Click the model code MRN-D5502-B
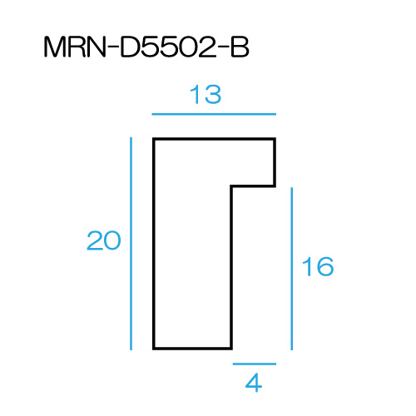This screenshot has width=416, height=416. coord(146,47)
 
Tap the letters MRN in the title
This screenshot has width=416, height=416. coord(75,47)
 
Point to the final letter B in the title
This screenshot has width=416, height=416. coord(240,47)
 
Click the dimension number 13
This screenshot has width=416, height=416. coord(206,94)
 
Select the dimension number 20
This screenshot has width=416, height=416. coord(104,240)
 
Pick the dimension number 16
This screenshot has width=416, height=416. coord(318,266)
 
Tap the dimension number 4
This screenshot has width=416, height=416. coord(254,383)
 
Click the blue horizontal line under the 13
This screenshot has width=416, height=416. coord(214,114)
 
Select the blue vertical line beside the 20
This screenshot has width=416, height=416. coord(131,244)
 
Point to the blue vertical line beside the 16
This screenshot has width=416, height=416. coord(291,269)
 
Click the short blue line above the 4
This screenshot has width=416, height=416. coord(255,364)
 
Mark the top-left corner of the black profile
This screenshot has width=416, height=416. coord(153,137)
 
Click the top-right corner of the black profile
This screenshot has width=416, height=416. coord(276,137)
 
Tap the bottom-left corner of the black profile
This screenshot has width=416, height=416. coord(153,349)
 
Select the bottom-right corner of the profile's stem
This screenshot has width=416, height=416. coord(232,349)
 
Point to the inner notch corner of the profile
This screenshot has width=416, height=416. coord(231,186)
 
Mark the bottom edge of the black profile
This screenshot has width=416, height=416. coord(192,349)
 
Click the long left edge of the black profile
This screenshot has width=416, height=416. coord(154,244)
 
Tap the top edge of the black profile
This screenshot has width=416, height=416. coord(214,139)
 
